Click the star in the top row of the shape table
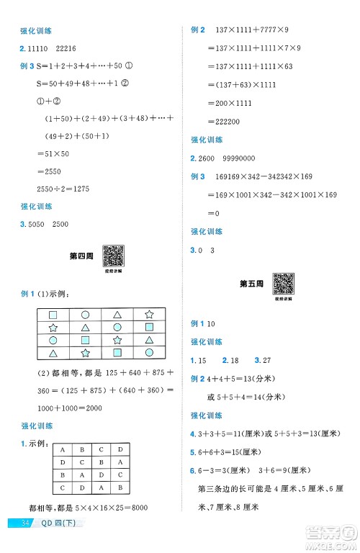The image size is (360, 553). click(149, 314)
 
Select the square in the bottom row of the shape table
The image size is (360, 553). click(117, 353)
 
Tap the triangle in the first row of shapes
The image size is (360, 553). click(117, 314)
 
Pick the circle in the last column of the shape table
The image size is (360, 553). click(149, 353)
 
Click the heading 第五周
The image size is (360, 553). click(251, 284)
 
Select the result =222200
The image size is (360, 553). click(223, 122)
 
